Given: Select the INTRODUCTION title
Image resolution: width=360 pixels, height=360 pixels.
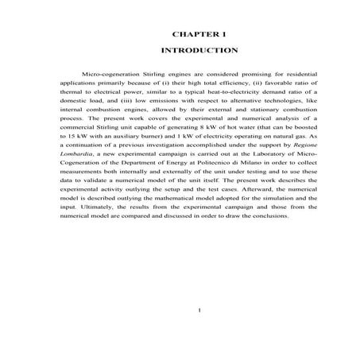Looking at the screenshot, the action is (199, 50).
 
